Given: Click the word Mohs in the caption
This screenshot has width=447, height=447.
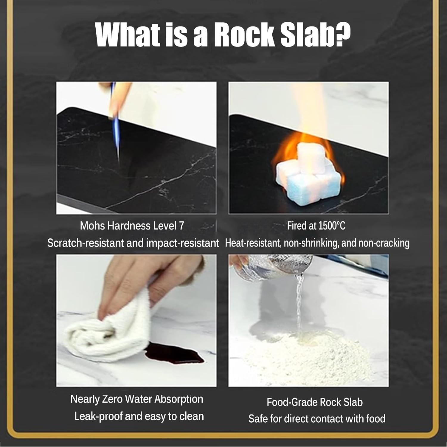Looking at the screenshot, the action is click(92, 226).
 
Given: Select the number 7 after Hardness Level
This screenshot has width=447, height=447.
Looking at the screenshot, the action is click(181, 226).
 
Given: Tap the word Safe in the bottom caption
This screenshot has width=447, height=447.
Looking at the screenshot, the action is click(258, 419).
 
